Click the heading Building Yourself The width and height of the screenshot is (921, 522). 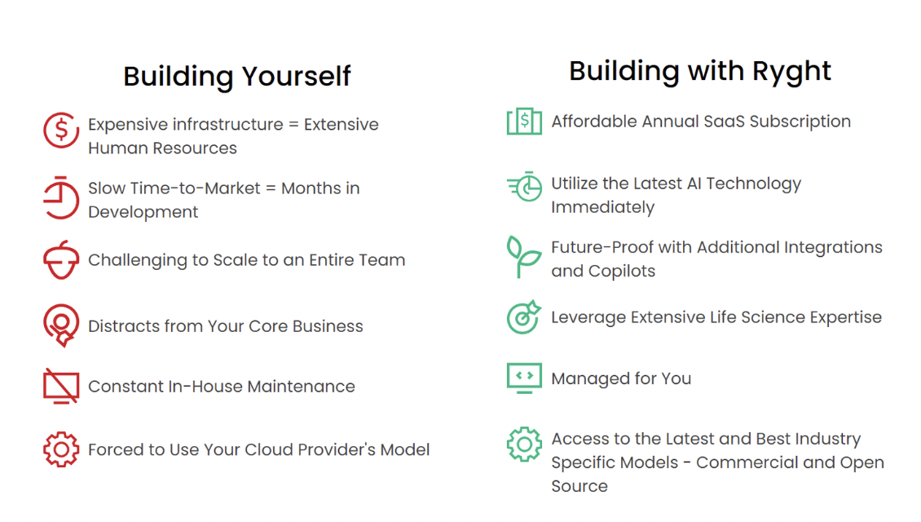pos(236,76)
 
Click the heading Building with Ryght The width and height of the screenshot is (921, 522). pos(699,71)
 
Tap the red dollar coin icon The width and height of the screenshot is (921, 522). pos(60,130)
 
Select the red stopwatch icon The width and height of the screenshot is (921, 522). pos(60,197)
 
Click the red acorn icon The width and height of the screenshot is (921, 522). pos(60,260)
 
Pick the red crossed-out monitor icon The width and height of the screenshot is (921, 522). pos(60,386)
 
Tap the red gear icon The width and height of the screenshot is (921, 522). pos(60,449)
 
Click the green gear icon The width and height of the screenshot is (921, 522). pos(524,445)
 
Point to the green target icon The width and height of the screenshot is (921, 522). pos(524,316)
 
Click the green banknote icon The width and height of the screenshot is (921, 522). pos(524,122)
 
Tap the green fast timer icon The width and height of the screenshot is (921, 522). pos(524,187)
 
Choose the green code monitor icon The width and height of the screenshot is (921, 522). pos(524,378)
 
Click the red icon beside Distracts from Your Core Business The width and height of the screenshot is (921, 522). pos(60,325)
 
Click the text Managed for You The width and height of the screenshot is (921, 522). pos(620,378)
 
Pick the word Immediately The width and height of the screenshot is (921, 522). pos(602,207)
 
